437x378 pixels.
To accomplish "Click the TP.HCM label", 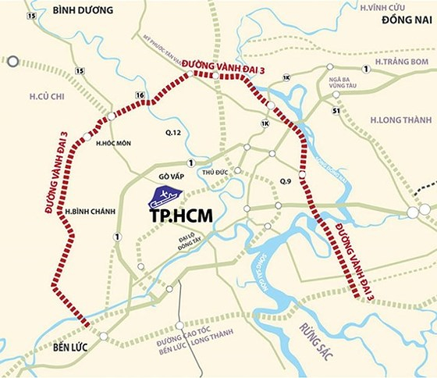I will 178,212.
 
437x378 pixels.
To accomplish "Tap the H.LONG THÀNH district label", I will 398,119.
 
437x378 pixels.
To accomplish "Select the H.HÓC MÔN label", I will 112,144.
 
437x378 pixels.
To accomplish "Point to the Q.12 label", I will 172,134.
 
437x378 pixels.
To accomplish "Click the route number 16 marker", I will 140,95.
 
